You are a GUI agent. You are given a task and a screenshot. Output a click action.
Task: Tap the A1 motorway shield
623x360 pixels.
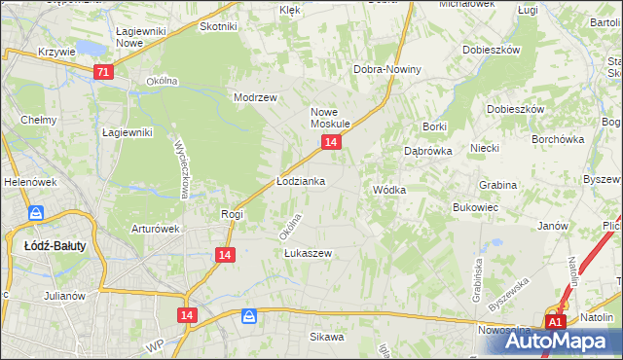(555, 322)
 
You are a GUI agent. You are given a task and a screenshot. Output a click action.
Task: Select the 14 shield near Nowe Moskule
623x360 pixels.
(331, 143)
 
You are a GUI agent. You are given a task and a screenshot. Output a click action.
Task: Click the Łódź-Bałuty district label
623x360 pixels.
(55, 246)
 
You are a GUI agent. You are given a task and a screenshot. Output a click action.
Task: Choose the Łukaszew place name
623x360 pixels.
(308, 253)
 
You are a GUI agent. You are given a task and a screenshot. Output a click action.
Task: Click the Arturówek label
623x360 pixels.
(157, 230)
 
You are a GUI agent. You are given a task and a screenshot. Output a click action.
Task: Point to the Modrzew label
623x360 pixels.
(256, 98)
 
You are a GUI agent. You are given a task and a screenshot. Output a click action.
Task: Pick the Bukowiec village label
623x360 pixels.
(476, 207)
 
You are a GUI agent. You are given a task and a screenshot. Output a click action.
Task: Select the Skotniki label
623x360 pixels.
(218, 26)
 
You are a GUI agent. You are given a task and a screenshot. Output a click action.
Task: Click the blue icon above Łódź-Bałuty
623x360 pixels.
(36, 214)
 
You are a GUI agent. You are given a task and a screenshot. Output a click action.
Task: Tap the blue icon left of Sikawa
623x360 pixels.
(250, 317)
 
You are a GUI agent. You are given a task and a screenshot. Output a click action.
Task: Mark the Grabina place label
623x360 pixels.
(497, 184)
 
